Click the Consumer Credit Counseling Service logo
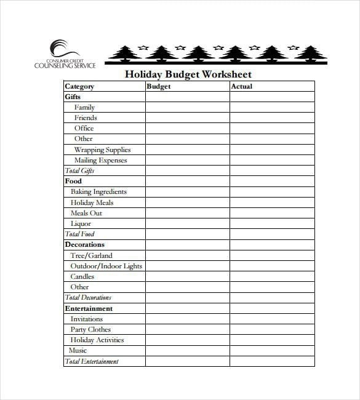(x=65, y=54)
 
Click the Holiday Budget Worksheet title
(x=188, y=74)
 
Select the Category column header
(x=79, y=87)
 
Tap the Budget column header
(x=159, y=87)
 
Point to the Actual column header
(x=241, y=87)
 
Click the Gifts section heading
(x=73, y=97)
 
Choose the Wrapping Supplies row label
(x=102, y=150)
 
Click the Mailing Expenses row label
(x=100, y=160)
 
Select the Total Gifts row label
(x=79, y=171)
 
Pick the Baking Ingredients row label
(x=98, y=192)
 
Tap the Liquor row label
(x=81, y=223)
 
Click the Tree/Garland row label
(x=91, y=255)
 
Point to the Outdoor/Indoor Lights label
(x=106, y=266)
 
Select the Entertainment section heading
(x=89, y=308)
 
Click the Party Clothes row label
(x=90, y=329)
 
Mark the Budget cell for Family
(x=187, y=108)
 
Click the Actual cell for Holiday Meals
(x=272, y=202)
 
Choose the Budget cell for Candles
(x=187, y=276)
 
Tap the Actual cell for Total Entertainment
(x=272, y=361)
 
